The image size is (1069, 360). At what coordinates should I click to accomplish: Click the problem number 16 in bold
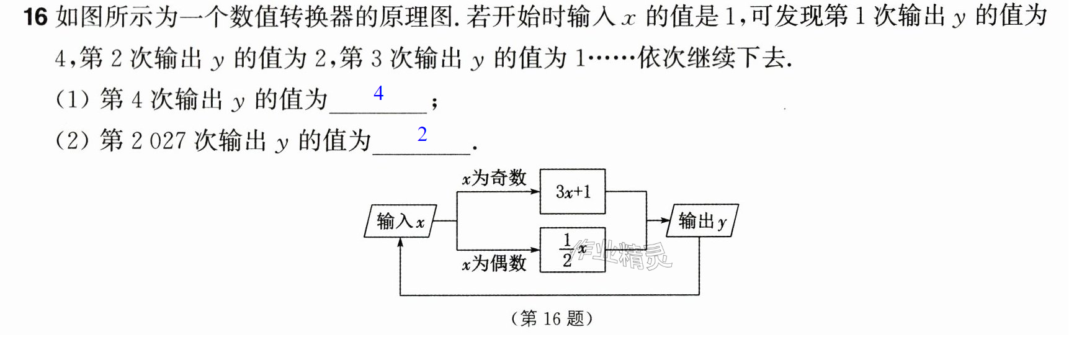click(35, 16)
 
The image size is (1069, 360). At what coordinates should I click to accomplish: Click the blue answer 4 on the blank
click(378, 93)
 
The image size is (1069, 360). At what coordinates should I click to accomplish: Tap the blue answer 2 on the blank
click(423, 134)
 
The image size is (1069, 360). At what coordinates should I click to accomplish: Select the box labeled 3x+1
click(573, 192)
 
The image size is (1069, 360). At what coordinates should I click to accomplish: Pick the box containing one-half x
click(573, 250)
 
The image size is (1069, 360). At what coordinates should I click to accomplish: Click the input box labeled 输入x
click(400, 221)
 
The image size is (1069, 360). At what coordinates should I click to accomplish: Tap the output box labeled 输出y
click(702, 220)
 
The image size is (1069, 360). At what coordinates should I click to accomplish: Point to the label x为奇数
click(494, 178)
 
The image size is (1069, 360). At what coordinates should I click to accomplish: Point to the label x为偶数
click(494, 263)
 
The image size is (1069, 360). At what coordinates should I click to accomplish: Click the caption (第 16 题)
click(552, 318)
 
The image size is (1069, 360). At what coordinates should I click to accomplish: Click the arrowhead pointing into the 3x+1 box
click(535, 192)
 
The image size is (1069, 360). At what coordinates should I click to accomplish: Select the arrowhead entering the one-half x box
click(535, 250)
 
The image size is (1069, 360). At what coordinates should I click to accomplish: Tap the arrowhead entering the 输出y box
click(665, 220)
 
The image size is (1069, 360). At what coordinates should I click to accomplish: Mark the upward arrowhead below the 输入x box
click(401, 243)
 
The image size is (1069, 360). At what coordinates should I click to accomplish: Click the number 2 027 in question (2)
click(159, 141)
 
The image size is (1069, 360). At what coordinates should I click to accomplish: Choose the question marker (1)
click(73, 99)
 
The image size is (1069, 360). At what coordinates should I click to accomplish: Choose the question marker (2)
click(73, 141)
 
